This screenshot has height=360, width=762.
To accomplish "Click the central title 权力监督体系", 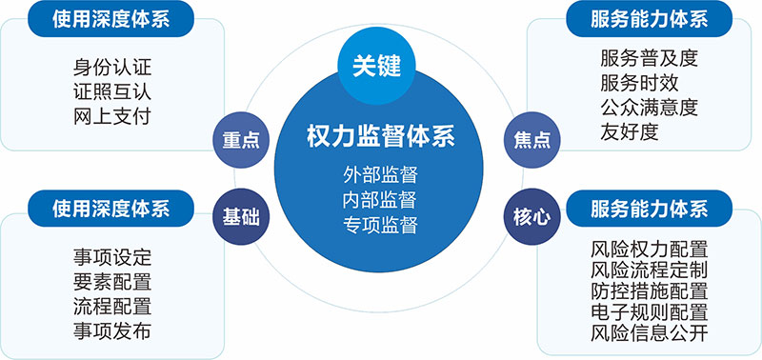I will point(381,136).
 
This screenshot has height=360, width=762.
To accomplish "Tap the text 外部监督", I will point(381,175).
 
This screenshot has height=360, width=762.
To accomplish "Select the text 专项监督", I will point(381,226).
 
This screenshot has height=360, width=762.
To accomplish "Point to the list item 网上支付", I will point(111,116).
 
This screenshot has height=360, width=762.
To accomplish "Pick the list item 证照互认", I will point(111,92).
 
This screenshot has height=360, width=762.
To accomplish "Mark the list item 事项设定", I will point(111,257).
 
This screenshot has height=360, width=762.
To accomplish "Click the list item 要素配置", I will point(111,282).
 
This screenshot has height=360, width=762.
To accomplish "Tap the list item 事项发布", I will point(111,330).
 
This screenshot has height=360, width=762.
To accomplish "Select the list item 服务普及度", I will point(650,58).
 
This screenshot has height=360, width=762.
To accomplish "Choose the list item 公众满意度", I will point(650,107).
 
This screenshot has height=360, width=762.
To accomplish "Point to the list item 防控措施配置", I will point(650,290).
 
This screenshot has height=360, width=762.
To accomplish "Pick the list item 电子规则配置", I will point(650,312).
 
